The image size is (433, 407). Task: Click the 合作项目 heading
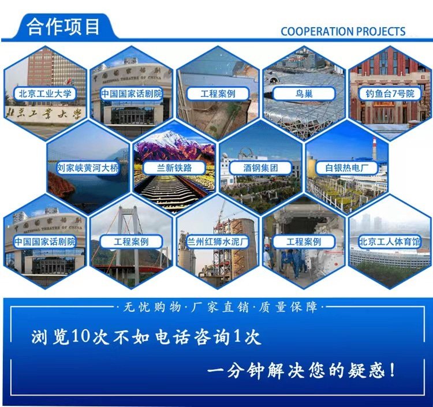coord(63,27)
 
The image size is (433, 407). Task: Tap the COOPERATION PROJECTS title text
coord(343,32)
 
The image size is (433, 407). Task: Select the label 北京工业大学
coord(45,94)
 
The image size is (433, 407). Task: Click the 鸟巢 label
coord(304,94)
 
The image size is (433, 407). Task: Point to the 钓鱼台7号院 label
coord(390,94)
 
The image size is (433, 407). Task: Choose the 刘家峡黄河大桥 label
coord(88,167)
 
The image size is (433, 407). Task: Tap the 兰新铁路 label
coord(174,167)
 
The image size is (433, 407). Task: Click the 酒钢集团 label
coord(260,167)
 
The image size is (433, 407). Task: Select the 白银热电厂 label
coord(346,167)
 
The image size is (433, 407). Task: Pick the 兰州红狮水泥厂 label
coord(218,242)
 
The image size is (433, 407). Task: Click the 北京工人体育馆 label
coord(390,242)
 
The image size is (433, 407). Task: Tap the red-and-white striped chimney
coord(375,148)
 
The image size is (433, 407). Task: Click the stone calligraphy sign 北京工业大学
coord(44,114)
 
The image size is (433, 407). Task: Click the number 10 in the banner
coord(81,337)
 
